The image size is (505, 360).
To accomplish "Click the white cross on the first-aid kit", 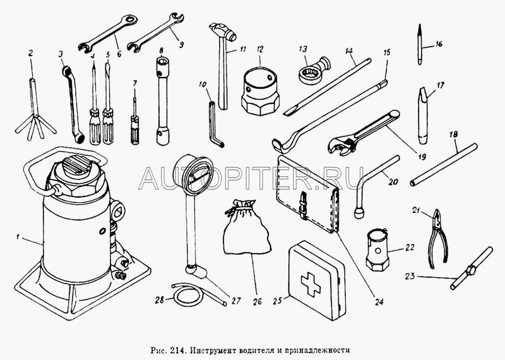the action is (x=311, y=284).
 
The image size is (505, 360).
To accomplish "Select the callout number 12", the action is (x=260, y=50).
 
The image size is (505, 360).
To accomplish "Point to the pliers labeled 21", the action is (x=437, y=239).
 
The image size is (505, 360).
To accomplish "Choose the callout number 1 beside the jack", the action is (x=18, y=237).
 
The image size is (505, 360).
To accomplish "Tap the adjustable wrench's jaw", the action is (x=342, y=147).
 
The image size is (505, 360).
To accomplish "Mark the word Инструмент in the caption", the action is (x=212, y=350).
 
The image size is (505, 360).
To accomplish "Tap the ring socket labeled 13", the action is (x=313, y=70).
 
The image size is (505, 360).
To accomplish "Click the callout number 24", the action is (x=379, y=302).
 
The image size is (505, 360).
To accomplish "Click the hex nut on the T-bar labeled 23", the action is (x=471, y=270).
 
